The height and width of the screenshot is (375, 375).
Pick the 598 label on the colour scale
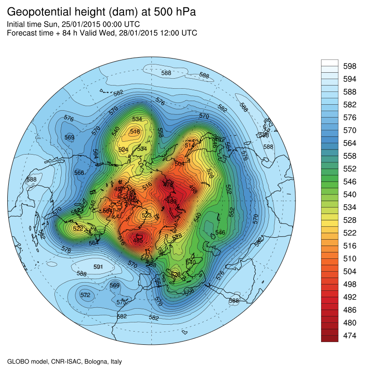(350, 66)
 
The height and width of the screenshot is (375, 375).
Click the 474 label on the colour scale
(350, 336)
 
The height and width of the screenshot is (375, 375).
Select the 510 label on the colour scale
(350, 259)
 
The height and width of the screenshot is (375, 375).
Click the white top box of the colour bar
(329, 63)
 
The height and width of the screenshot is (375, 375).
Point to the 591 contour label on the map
(98, 266)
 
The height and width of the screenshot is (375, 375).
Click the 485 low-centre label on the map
(138, 240)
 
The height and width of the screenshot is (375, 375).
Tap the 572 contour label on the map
(85, 295)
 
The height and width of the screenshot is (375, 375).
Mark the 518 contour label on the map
(134, 132)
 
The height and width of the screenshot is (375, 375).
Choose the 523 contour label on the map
(147, 215)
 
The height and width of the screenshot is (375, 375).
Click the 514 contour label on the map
(190, 145)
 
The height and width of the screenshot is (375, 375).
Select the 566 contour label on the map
(79, 172)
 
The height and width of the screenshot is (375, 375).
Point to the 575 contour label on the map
(121, 302)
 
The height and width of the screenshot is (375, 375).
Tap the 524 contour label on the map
(123, 150)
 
